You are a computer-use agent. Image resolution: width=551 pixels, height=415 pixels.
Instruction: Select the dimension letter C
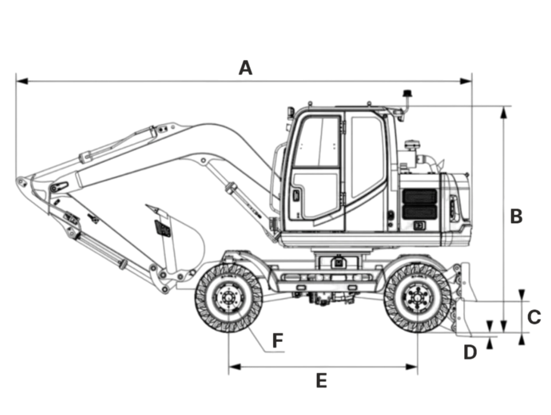tap(534, 317)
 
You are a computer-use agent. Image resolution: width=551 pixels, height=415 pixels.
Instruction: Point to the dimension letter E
tap(322, 381)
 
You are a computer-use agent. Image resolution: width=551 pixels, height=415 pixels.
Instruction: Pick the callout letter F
tap(278, 340)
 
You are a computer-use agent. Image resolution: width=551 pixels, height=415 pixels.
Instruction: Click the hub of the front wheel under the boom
tap(228, 298)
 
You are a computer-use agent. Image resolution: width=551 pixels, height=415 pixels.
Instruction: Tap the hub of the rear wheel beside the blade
tap(418, 298)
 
